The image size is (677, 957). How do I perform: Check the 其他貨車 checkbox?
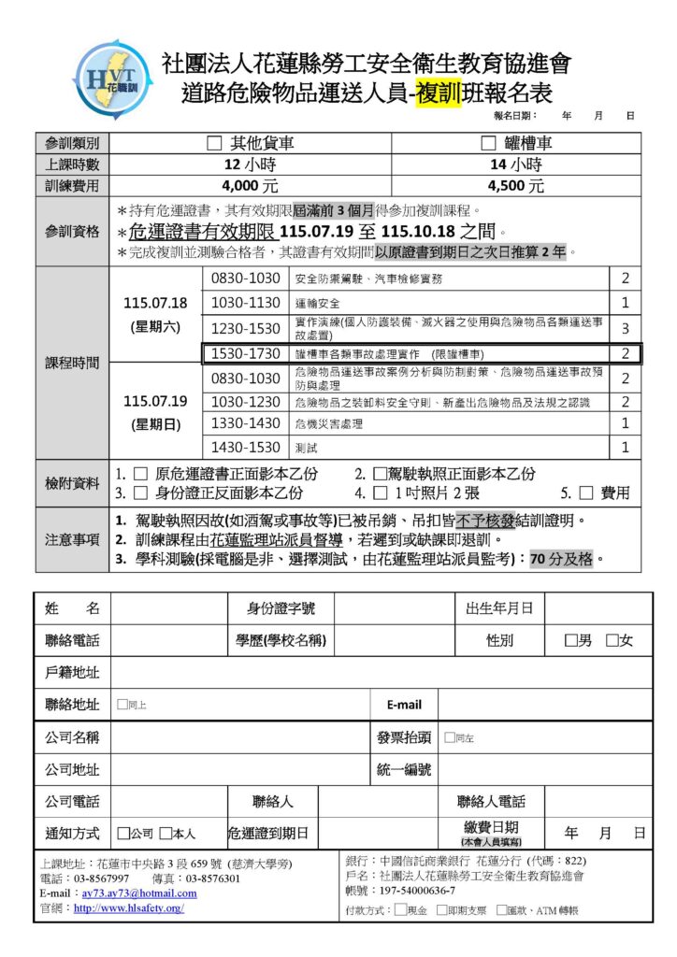pyautogui.click(x=214, y=144)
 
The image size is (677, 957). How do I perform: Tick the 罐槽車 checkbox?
pyautogui.click(x=487, y=144)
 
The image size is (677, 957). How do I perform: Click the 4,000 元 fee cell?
pyautogui.click(x=250, y=186)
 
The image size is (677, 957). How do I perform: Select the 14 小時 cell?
pyautogui.click(x=516, y=164)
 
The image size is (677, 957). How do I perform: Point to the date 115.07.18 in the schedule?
pyautogui.click(x=155, y=303)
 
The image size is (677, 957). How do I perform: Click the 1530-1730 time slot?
pyautogui.click(x=246, y=354)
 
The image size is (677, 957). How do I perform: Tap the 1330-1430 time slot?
pyautogui.click(x=246, y=423)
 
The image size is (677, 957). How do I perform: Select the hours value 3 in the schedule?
pyautogui.click(x=626, y=328)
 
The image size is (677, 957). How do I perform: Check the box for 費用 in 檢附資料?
pyautogui.click(x=586, y=493)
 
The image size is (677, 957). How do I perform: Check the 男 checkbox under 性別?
pyautogui.click(x=570, y=641)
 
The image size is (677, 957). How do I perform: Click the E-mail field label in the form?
pyautogui.click(x=403, y=705)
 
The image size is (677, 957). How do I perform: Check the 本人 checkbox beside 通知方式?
pyautogui.click(x=166, y=833)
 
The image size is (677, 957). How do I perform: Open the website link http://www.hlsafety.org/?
pyautogui.click(x=128, y=907)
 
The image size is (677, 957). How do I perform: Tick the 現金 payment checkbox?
pyautogui.click(x=401, y=909)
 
